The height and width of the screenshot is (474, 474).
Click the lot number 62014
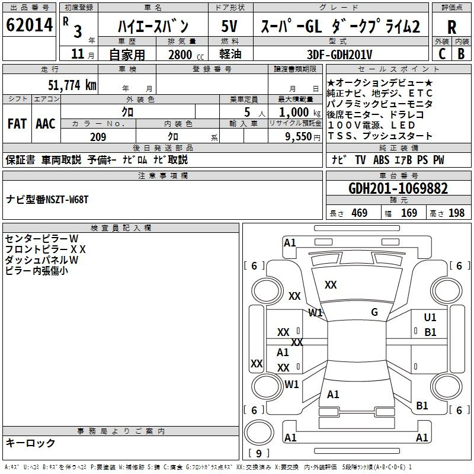(29, 25)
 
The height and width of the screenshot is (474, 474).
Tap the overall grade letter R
(451, 27)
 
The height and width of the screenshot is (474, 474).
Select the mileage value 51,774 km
(72, 85)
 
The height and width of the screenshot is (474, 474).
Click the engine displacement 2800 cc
(186, 55)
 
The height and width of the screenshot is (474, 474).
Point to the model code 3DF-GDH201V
(340, 55)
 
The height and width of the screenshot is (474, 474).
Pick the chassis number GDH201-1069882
(398, 188)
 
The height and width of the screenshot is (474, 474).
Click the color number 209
(98, 137)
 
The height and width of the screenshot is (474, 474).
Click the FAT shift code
(17, 124)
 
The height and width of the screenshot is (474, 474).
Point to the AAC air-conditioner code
(46, 124)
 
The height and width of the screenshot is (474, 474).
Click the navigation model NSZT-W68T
(67, 200)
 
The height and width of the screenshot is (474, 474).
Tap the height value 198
(456, 213)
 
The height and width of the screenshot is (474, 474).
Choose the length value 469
(360, 213)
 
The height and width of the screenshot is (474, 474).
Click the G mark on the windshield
(374, 312)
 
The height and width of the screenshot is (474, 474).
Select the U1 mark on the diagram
(430, 317)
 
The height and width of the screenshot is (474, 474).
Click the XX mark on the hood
(331, 285)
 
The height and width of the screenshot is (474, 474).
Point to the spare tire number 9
(259, 453)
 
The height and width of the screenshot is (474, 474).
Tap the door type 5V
(229, 26)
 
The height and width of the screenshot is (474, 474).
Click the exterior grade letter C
(442, 54)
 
